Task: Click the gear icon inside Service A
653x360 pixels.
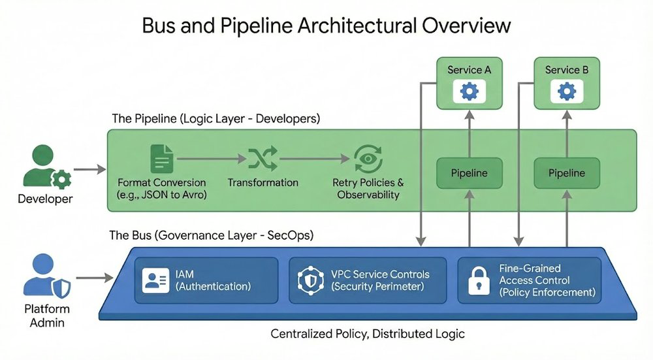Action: [x=469, y=91]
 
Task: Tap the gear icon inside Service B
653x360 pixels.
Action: [x=567, y=91]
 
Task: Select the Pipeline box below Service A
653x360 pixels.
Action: [x=469, y=173]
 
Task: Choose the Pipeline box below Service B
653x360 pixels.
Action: [x=567, y=173]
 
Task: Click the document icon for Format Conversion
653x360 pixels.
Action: [x=162, y=159]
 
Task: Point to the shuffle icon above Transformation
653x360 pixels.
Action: [x=263, y=159]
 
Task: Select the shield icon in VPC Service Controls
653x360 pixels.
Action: [x=310, y=280]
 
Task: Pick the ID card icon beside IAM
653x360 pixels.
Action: [x=155, y=280]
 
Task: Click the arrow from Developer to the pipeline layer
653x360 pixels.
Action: [x=89, y=170]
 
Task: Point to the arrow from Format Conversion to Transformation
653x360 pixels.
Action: [x=210, y=159]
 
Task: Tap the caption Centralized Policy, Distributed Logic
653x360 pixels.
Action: [x=368, y=334]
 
